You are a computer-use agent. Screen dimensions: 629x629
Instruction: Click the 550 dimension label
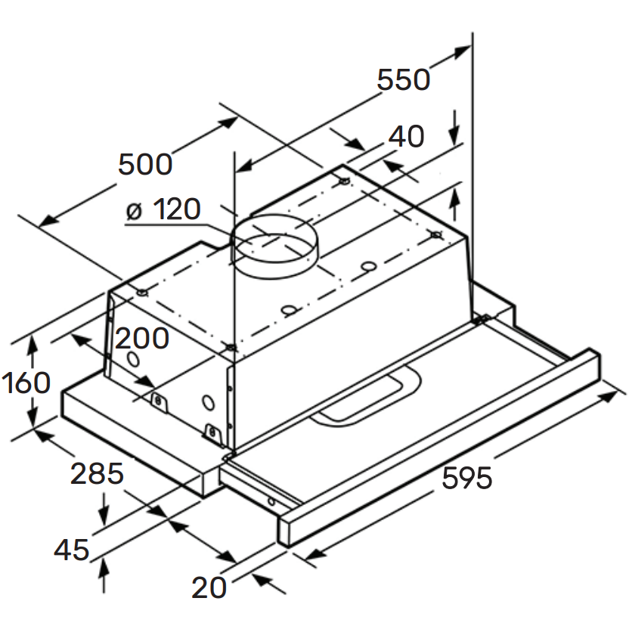click(403, 79)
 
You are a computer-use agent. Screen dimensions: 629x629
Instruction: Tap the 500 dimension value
click(145, 164)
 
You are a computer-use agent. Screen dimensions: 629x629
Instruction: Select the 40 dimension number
click(406, 137)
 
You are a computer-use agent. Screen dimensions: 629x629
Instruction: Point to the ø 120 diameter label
click(163, 210)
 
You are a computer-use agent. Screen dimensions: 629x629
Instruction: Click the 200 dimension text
click(141, 339)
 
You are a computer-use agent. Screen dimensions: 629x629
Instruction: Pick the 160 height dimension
click(26, 383)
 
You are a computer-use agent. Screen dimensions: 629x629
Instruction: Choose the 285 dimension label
click(96, 474)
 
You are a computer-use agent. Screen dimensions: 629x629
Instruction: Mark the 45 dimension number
click(72, 550)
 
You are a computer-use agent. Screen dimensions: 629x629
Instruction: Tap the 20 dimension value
click(209, 587)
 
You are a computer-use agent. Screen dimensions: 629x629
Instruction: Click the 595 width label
click(466, 478)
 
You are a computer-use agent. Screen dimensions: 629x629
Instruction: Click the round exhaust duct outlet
click(272, 246)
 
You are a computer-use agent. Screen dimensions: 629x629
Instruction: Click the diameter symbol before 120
click(134, 211)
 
